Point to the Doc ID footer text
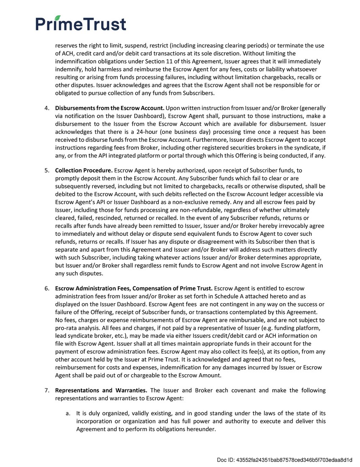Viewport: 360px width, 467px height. (285, 460)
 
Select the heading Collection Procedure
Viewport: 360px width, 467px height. (84, 170)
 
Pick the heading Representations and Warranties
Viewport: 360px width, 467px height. (101, 390)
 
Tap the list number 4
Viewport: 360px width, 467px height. (47, 108)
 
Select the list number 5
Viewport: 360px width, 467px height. (47, 170)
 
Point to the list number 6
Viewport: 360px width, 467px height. (47, 288)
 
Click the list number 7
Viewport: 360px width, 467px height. (47, 390)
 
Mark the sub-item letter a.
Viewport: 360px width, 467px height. (68, 413)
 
